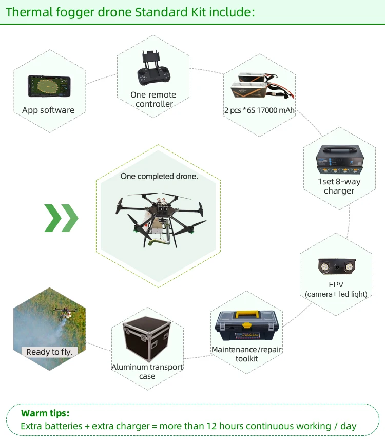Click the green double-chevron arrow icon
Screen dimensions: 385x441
tap(61, 218)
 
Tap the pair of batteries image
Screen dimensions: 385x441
tap(260, 88)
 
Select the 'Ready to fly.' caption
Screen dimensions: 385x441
tap(49, 352)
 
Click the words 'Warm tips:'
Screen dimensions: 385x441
tap(45, 413)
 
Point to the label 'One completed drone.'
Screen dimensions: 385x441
tap(159, 176)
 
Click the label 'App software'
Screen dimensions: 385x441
tap(48, 110)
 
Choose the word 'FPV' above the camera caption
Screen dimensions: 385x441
tap(336, 284)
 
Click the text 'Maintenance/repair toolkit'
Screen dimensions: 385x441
tap(247, 354)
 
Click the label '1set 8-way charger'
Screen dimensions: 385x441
tap(339, 186)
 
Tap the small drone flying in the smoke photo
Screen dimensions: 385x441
tap(64, 311)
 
